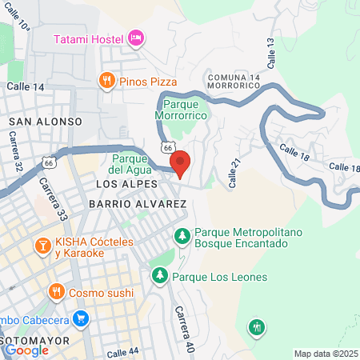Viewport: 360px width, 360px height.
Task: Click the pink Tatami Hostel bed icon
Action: (136, 37)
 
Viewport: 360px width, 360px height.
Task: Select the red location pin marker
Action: (180, 163)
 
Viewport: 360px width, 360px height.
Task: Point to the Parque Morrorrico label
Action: (186, 110)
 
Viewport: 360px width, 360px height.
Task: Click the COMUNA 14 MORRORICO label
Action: (234, 81)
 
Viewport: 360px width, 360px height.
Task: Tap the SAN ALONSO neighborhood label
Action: (46, 121)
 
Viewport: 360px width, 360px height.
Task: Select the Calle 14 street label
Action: (26, 86)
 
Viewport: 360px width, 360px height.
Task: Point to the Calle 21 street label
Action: (234, 173)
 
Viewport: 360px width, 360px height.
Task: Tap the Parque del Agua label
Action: (128, 164)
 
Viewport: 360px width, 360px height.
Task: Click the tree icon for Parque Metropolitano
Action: (183, 236)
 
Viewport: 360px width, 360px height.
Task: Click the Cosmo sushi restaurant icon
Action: (55, 292)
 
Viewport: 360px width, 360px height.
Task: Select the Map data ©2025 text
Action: (326, 353)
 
